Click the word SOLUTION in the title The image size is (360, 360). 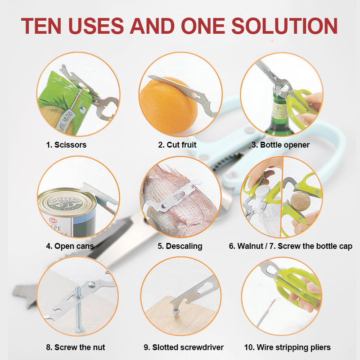(x=284, y=26)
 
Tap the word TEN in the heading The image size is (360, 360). (x=41, y=26)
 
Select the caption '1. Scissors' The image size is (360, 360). (x=66, y=145)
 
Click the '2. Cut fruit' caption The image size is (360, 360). (x=177, y=145)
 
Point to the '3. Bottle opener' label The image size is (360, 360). (x=280, y=145)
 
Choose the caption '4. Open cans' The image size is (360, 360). (x=70, y=246)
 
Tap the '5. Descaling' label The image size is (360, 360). (x=180, y=246)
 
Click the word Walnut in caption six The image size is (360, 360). (x=250, y=246)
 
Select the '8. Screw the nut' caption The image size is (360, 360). (x=76, y=347)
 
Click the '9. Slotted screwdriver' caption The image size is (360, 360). (x=184, y=347)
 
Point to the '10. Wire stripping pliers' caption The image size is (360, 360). (x=288, y=347)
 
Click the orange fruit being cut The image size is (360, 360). (x=169, y=106)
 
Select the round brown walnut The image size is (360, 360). (x=300, y=202)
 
